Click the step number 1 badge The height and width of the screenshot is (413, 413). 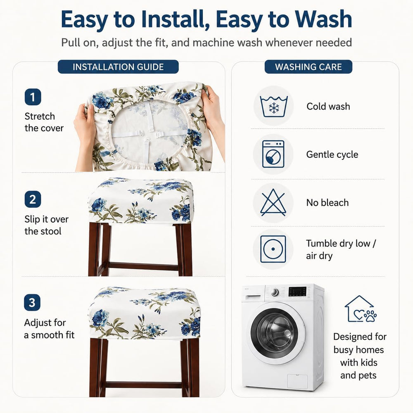click(x=33, y=97)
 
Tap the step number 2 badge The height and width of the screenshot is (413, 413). click(x=33, y=199)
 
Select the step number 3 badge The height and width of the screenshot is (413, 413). click(x=32, y=303)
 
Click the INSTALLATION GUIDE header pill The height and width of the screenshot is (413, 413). click(x=118, y=66)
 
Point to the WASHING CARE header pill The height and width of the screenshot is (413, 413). click(x=308, y=66)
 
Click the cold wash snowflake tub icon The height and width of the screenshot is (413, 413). click(x=273, y=106)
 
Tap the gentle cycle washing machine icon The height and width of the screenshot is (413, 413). click(x=273, y=154)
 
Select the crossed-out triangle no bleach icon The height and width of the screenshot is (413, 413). click(x=273, y=202)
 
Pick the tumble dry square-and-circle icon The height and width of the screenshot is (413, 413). click(x=273, y=249)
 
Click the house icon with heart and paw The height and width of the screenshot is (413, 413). click(x=360, y=309)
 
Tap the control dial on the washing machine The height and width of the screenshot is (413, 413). click(x=275, y=292)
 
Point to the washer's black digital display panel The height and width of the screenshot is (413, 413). click(x=298, y=292)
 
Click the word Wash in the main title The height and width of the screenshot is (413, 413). click(x=323, y=19)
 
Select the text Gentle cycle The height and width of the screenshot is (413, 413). click(x=332, y=154)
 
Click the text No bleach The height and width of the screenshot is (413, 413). click(x=328, y=202)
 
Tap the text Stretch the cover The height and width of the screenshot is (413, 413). click(x=44, y=122)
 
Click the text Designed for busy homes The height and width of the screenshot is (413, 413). click(x=360, y=343)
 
